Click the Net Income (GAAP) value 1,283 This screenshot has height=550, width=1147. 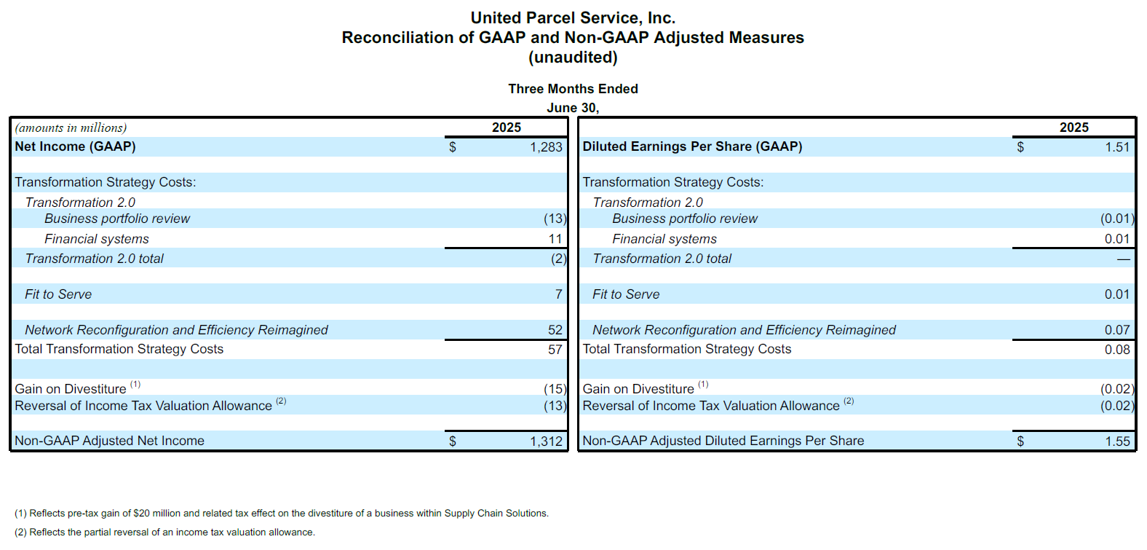point(546,148)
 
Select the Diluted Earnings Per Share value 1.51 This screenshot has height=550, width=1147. point(1117,148)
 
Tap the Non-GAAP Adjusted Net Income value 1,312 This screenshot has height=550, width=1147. point(546,441)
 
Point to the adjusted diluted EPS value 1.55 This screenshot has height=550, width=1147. point(1117,441)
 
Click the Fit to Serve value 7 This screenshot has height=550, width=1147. point(559,294)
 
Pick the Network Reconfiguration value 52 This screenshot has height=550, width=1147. point(555,330)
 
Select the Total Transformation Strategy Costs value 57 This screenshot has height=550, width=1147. point(555,350)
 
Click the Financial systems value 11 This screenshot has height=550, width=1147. point(555,239)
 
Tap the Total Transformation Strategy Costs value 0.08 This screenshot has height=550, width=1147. point(1117,350)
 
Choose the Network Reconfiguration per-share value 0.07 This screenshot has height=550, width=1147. point(1117,330)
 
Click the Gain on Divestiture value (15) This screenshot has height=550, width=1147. point(555,389)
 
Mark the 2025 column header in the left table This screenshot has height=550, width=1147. point(507,127)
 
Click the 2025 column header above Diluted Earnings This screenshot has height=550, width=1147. point(1073,127)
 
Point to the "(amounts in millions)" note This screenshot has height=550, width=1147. point(71,127)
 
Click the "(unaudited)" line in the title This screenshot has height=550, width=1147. point(573,58)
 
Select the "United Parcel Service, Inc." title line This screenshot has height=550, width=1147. point(573,18)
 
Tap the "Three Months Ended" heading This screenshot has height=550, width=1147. point(573,89)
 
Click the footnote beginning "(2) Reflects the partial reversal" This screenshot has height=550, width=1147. point(164,532)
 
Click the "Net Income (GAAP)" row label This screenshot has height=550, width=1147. point(75,146)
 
